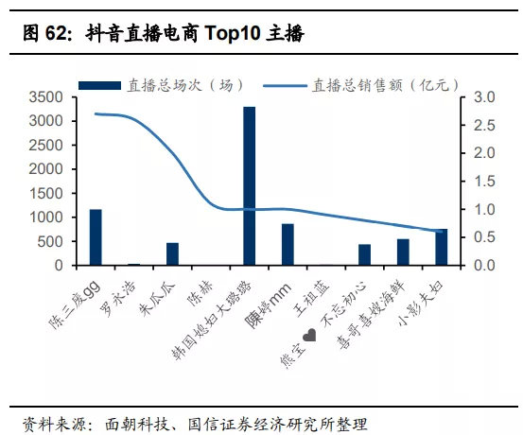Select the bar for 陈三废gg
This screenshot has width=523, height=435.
pos(96,237)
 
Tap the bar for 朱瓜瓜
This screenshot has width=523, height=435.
pos(172,254)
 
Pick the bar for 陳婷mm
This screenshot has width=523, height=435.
pos(288,245)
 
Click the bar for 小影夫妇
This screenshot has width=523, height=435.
pos(441,248)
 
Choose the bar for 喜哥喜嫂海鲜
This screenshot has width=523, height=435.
pos(403,252)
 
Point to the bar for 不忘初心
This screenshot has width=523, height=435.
pos(364,254)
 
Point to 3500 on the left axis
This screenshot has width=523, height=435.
pos(45,97)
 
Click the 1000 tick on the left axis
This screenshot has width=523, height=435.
pos(45,217)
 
